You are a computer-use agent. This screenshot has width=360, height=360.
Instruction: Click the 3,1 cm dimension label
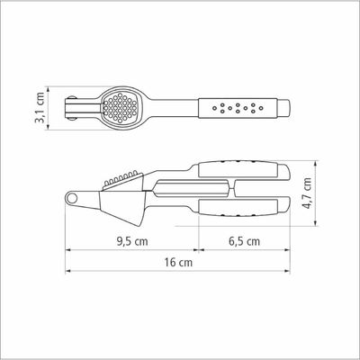tap(40, 107)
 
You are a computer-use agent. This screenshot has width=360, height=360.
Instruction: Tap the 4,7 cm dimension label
tap(307, 193)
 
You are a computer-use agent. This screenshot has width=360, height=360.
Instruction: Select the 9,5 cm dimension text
tap(132, 241)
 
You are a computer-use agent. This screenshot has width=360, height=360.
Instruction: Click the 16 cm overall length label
tap(178, 263)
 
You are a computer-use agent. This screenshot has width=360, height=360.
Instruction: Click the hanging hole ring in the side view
tap(72, 198)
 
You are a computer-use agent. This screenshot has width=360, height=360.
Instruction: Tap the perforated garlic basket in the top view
tap(120, 107)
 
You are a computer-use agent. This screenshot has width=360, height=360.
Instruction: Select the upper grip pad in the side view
tap(238, 169)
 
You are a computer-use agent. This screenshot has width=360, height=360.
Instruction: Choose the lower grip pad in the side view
tap(238, 208)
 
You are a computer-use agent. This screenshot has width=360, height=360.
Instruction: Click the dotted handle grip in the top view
tap(238, 107)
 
